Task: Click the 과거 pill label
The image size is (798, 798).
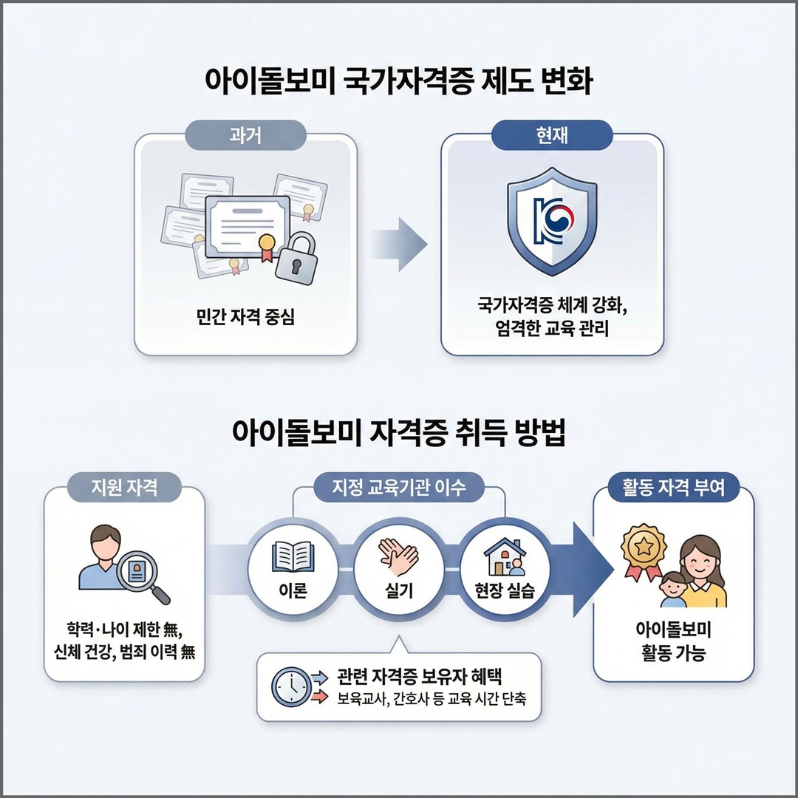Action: pos(245,135)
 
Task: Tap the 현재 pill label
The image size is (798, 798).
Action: pos(552,135)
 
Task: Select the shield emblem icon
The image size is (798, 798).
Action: pos(552,222)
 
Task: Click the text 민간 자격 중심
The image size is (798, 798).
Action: pos(245,317)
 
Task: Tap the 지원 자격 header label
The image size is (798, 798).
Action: pos(124,487)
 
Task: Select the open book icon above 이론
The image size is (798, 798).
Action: pos(293,557)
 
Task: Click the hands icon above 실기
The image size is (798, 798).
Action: pos(398,557)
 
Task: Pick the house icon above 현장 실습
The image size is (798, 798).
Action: pos(505,557)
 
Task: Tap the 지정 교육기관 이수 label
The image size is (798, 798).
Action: pos(399,487)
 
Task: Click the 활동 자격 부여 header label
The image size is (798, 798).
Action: pos(673,487)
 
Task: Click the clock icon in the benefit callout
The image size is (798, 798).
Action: pos(291,687)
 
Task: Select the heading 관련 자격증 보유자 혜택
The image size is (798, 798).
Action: pos(420,677)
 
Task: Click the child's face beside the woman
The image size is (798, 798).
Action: pos(673,586)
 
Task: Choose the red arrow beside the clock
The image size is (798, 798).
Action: pos(319,697)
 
